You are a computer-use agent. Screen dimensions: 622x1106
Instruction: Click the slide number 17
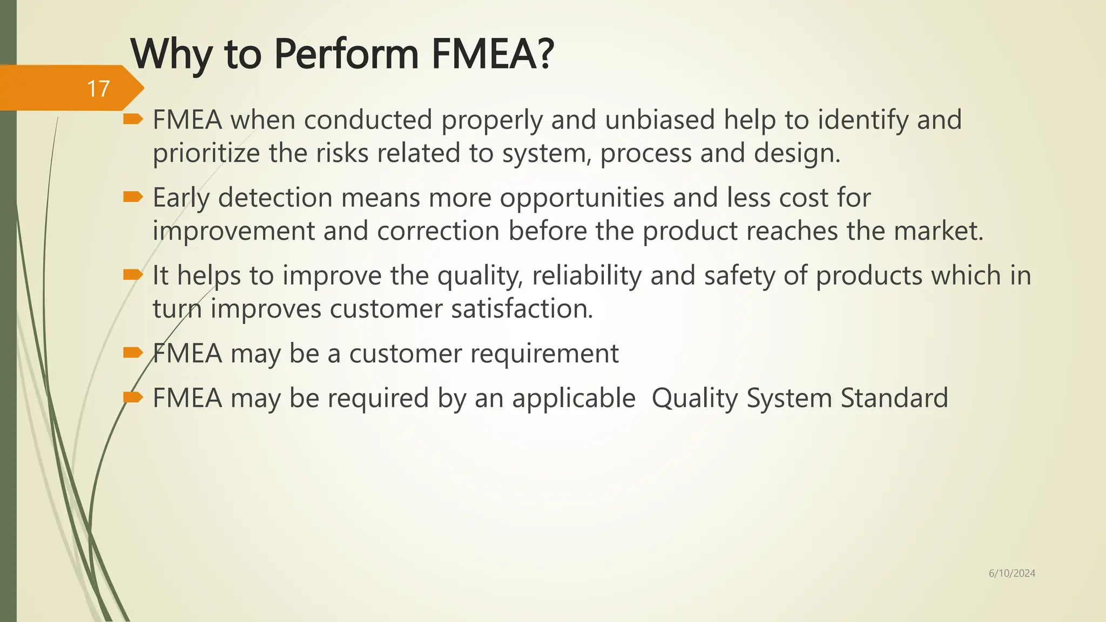click(98, 89)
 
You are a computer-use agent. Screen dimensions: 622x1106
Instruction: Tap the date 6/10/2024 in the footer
click(1011, 573)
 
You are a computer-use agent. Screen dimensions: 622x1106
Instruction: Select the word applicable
click(574, 398)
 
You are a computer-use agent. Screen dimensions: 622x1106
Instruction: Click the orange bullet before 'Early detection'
click(133, 197)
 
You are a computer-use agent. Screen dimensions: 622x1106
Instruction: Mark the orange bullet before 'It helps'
click(133, 275)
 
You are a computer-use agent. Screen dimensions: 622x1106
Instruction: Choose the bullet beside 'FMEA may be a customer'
click(133, 353)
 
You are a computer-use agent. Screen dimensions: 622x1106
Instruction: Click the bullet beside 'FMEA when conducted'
click(133, 119)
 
